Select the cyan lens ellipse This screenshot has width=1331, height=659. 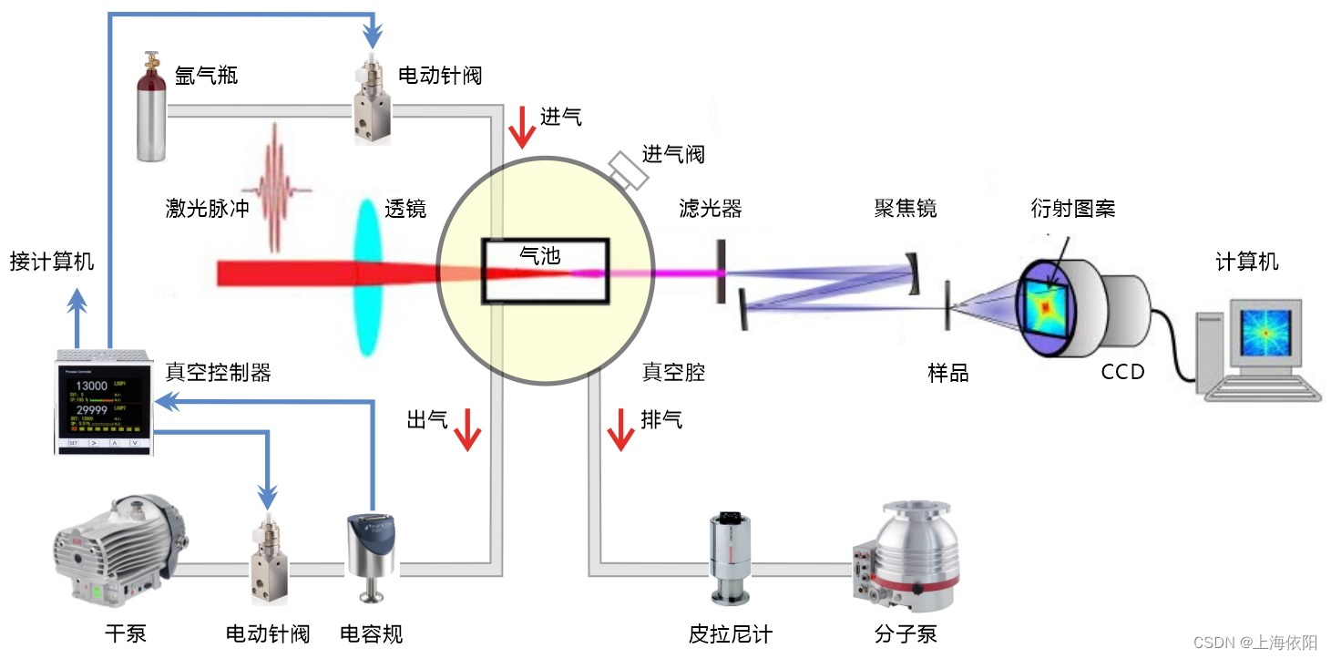(367, 273)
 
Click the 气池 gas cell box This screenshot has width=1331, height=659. (545, 271)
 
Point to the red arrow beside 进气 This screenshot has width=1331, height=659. (522, 127)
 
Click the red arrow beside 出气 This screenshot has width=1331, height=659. (467, 429)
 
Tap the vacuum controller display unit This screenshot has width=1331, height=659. (102, 401)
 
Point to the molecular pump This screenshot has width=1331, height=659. (906, 556)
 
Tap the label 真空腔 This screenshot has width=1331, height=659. (673, 372)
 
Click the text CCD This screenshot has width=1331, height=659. (1122, 372)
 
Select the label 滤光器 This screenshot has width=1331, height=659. (711, 209)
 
